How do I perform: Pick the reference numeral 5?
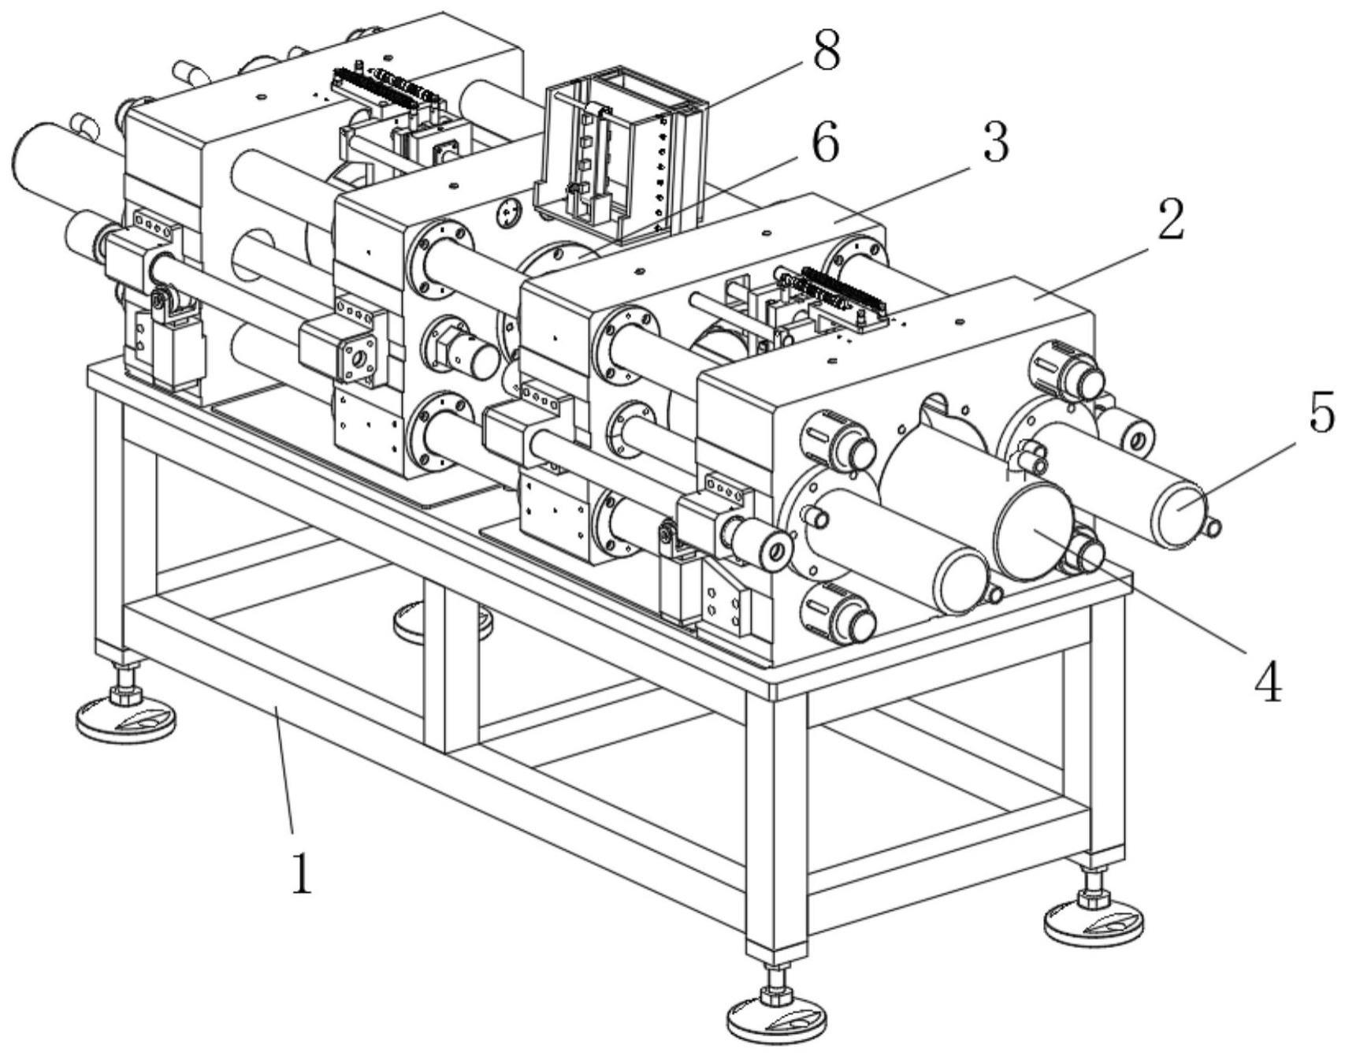pos(1321,412)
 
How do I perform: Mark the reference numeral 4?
pos(1266,681)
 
